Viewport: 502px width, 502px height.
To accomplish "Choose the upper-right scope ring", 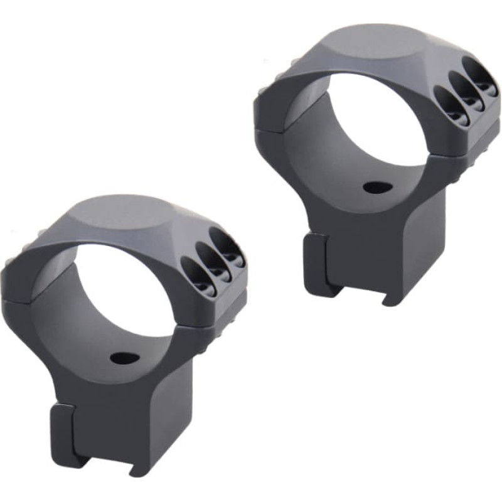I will (x=376, y=157).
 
